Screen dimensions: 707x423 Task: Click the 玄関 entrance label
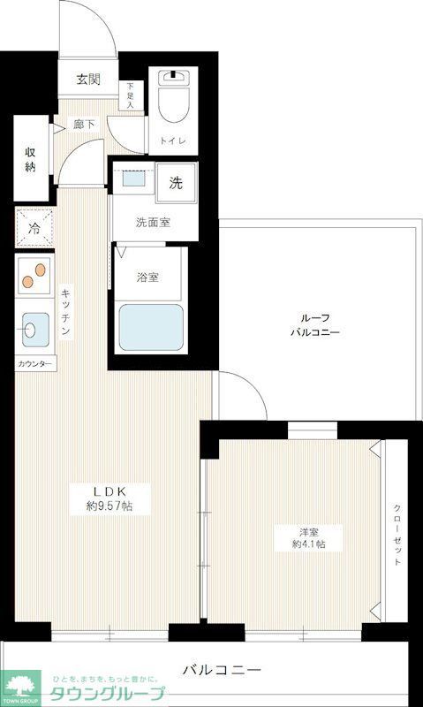tap(87, 80)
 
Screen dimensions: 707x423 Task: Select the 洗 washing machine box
tap(177, 183)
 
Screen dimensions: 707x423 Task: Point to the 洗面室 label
tap(153, 223)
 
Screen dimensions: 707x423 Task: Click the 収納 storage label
tap(30, 158)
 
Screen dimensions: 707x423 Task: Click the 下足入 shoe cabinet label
tap(132, 95)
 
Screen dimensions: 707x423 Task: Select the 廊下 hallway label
tap(85, 125)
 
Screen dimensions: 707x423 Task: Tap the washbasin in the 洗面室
tap(135, 178)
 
